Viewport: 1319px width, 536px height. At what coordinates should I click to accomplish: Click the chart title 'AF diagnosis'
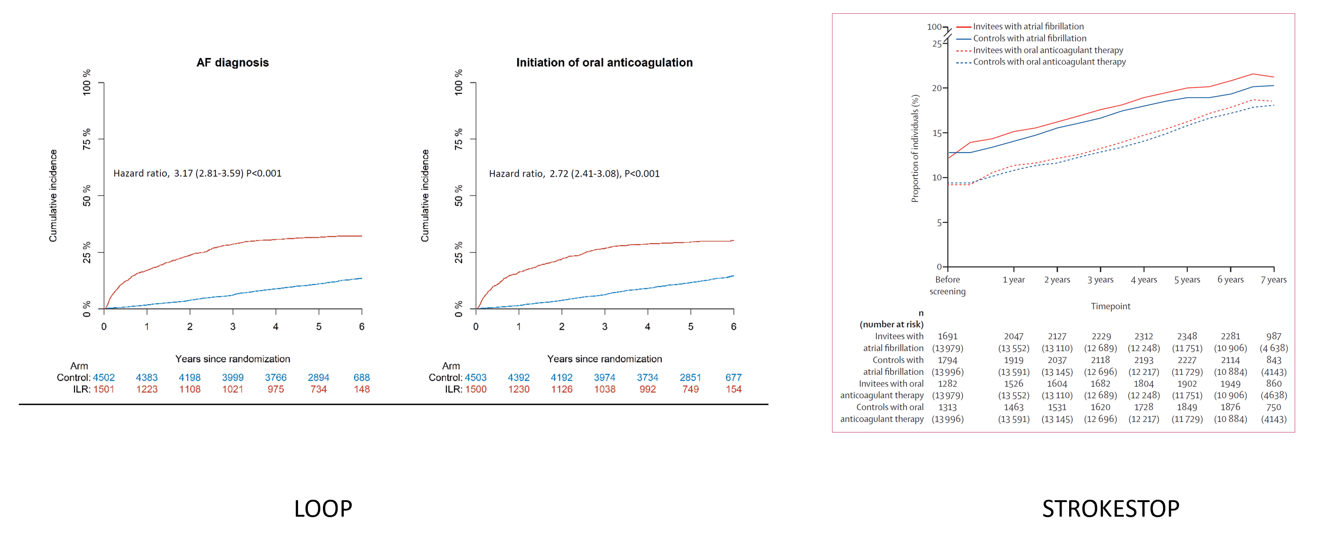click(x=232, y=62)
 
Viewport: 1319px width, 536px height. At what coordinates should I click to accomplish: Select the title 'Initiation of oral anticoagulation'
click(x=604, y=62)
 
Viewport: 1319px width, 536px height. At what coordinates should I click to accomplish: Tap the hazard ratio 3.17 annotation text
click(x=198, y=173)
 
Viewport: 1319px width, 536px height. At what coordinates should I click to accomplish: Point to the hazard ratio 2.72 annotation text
click(x=574, y=173)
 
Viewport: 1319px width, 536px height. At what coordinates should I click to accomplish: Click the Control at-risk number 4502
click(x=104, y=377)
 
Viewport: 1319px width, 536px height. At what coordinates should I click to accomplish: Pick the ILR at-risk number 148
click(x=362, y=389)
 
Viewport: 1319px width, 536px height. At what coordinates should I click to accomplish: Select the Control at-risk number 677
click(x=733, y=377)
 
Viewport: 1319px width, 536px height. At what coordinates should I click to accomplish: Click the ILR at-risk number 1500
click(x=476, y=389)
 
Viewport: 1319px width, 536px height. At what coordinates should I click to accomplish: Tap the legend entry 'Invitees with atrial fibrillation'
click(x=1028, y=26)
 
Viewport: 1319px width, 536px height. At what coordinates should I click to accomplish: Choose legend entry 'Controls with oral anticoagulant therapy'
click(x=1049, y=62)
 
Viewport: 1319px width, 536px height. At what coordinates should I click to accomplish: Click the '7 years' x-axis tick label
click(x=1273, y=280)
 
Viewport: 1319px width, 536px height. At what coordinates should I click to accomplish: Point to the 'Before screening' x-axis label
click(x=947, y=285)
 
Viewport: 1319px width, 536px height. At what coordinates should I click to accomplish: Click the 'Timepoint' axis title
click(x=1110, y=306)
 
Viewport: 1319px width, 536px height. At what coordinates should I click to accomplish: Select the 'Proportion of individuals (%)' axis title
click(x=915, y=148)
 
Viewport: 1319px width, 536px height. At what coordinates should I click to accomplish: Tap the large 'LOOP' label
click(x=323, y=509)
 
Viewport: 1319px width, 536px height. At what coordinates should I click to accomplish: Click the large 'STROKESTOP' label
click(x=1111, y=509)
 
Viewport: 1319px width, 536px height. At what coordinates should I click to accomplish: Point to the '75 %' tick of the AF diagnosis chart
click(x=87, y=138)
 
